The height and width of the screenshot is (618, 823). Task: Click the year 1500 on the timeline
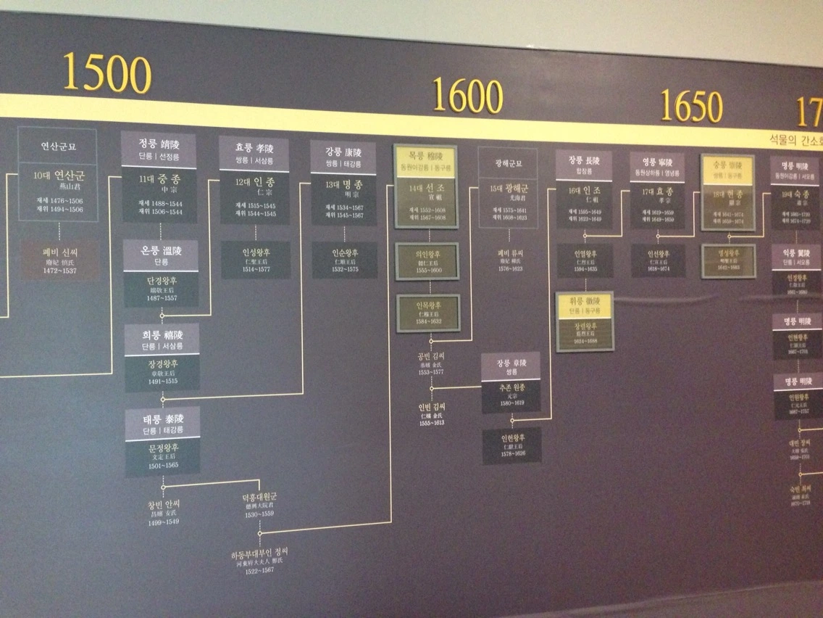pos(106,73)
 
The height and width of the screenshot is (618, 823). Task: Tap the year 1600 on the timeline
pos(467,96)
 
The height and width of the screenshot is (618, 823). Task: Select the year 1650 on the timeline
pos(690,107)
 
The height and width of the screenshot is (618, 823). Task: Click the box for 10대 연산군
pos(58,192)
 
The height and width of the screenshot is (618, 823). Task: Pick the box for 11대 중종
pos(159,194)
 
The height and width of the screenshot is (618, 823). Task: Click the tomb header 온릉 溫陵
pos(160,255)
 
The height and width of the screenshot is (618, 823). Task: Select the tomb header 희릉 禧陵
pos(161,339)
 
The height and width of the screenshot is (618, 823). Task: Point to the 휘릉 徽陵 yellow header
pos(585,305)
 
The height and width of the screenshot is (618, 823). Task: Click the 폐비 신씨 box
pos(59,261)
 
